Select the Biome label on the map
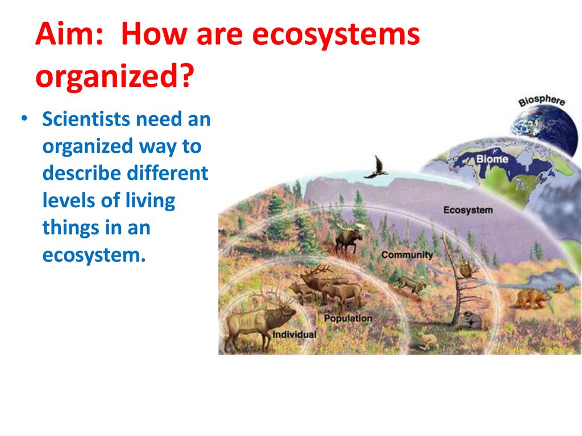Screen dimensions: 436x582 pyautogui.click(x=492, y=159)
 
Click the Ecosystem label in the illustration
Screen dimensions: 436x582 pyautogui.click(x=468, y=211)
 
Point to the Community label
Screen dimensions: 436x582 pyautogui.click(x=406, y=255)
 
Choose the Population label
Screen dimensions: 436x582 pyautogui.click(x=348, y=318)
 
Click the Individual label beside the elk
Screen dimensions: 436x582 pyautogui.click(x=294, y=334)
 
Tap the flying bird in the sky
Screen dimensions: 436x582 pyautogui.click(x=376, y=168)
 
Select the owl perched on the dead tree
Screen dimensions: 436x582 pyautogui.click(x=466, y=269)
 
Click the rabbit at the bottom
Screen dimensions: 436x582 pyautogui.click(x=427, y=341)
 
